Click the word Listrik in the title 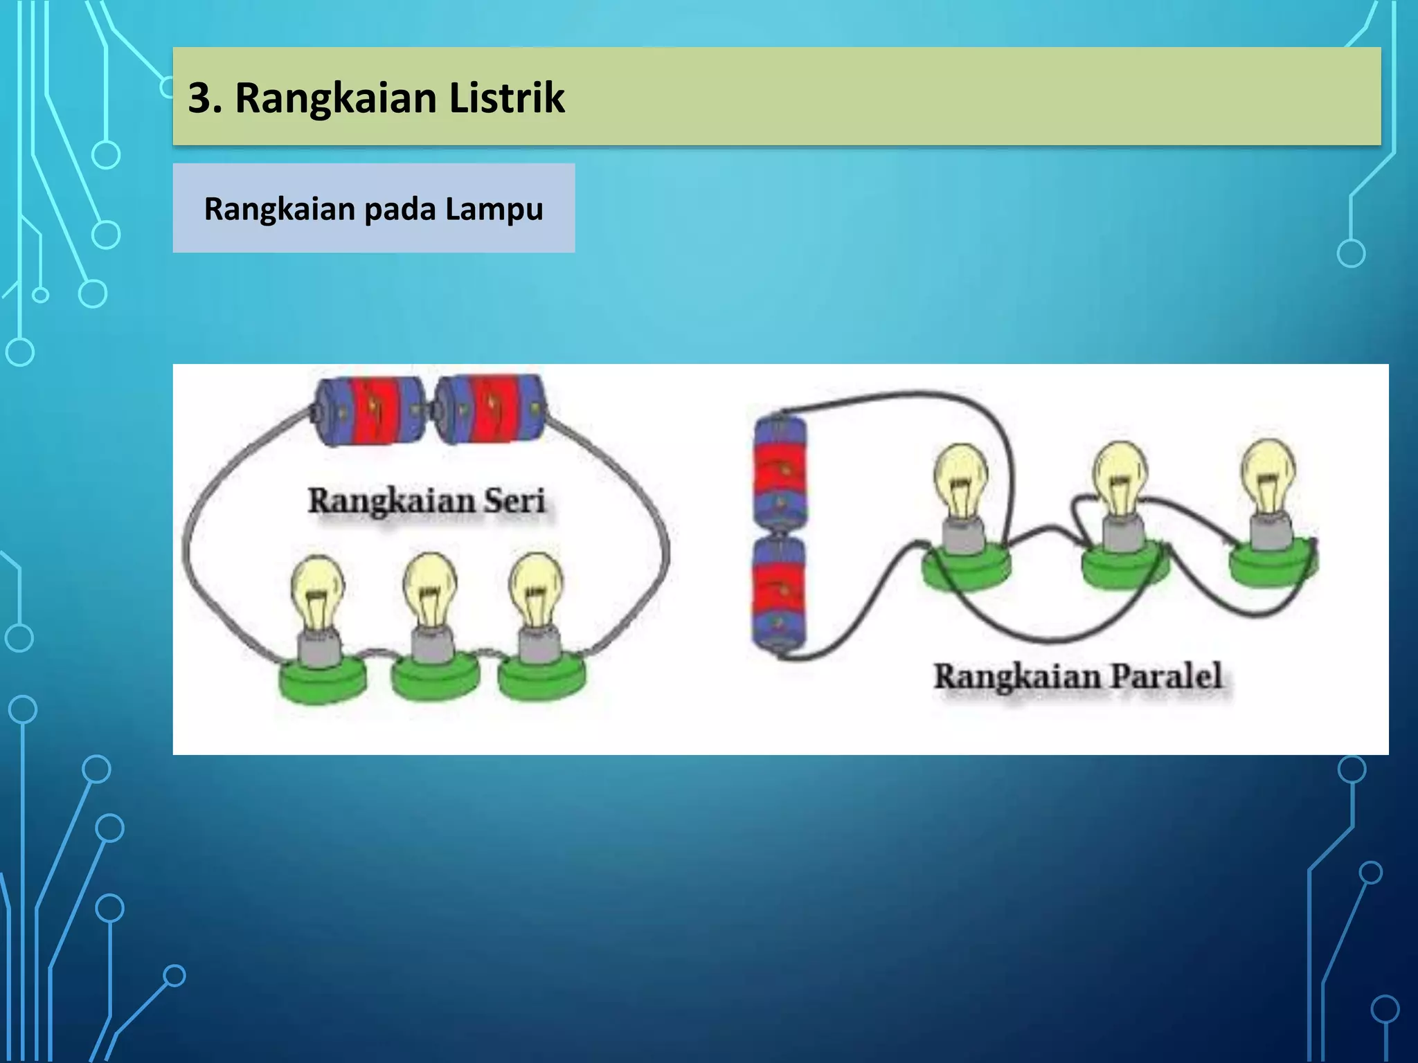pos(507,98)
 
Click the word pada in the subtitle pos(400,208)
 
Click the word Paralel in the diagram pos(1167,676)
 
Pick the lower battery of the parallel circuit pos(780,597)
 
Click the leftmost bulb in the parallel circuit pos(961,479)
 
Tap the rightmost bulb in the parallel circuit pos(1268,475)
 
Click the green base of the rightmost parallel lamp pos(1273,565)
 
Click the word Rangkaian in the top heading pos(335,98)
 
